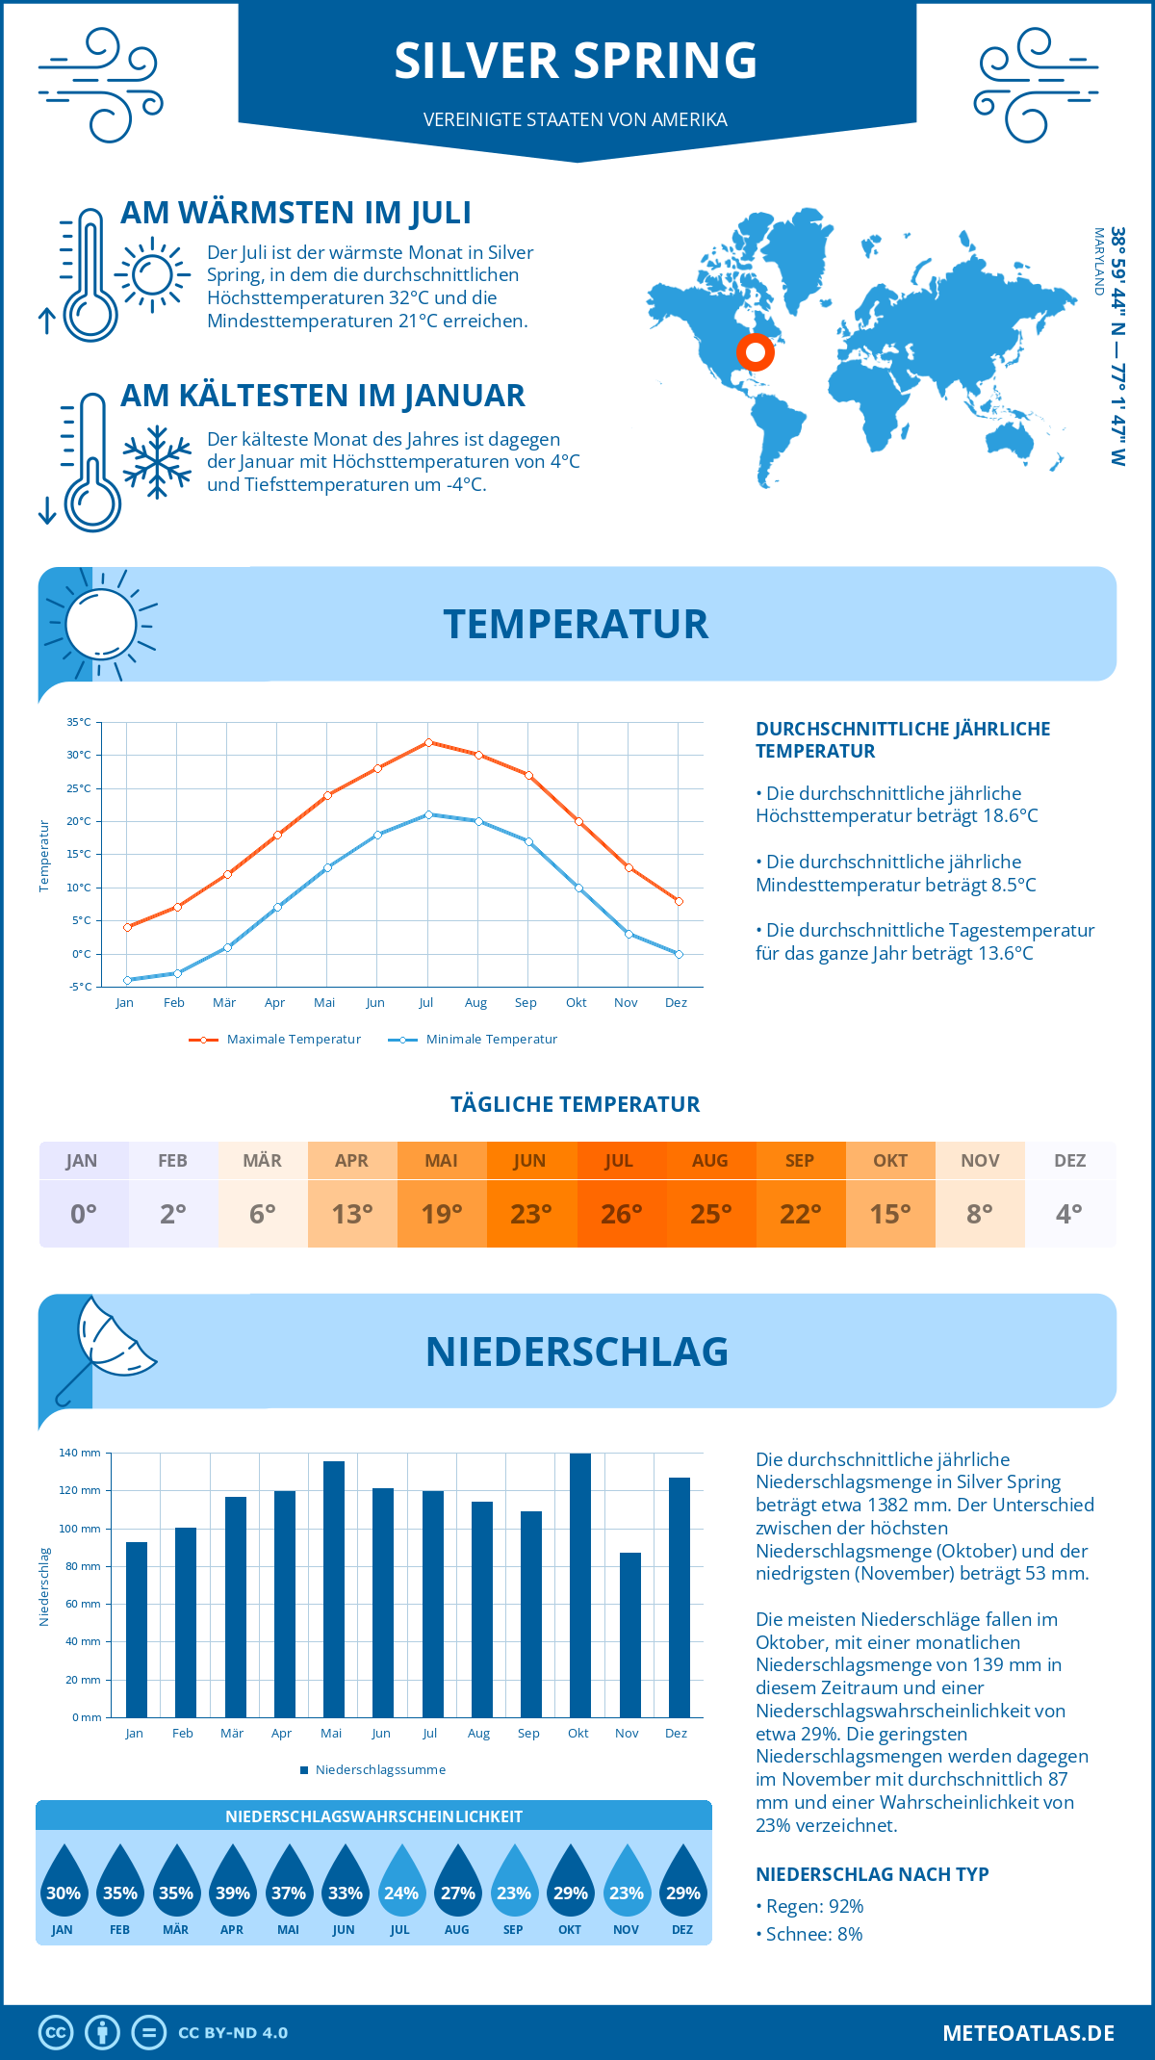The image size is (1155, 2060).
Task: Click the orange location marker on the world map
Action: click(756, 352)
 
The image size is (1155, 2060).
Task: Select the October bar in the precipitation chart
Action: click(579, 1585)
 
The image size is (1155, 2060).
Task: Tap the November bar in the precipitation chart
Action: click(629, 1635)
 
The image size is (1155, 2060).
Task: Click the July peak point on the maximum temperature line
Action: click(428, 742)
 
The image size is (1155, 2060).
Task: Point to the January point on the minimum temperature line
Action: click(127, 980)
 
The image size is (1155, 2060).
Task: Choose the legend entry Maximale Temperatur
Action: click(276, 1040)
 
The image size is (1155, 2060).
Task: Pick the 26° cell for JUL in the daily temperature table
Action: click(621, 1213)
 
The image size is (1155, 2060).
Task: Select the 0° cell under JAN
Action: click(83, 1213)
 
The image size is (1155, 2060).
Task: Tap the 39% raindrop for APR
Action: click(232, 1883)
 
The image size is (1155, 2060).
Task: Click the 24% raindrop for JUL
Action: click(400, 1883)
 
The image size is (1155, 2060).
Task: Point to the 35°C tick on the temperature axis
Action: click(79, 722)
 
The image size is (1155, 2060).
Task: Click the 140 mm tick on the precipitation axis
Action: click(80, 1453)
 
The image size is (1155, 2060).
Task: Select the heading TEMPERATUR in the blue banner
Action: click(576, 624)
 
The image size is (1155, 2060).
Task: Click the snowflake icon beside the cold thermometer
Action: click(157, 462)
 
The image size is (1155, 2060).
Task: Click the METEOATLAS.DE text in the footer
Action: click(1028, 2033)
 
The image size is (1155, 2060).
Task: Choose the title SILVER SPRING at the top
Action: click(576, 61)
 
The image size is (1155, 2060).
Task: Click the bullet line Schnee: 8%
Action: click(809, 1934)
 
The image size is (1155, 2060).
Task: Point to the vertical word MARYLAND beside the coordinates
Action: click(1098, 261)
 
